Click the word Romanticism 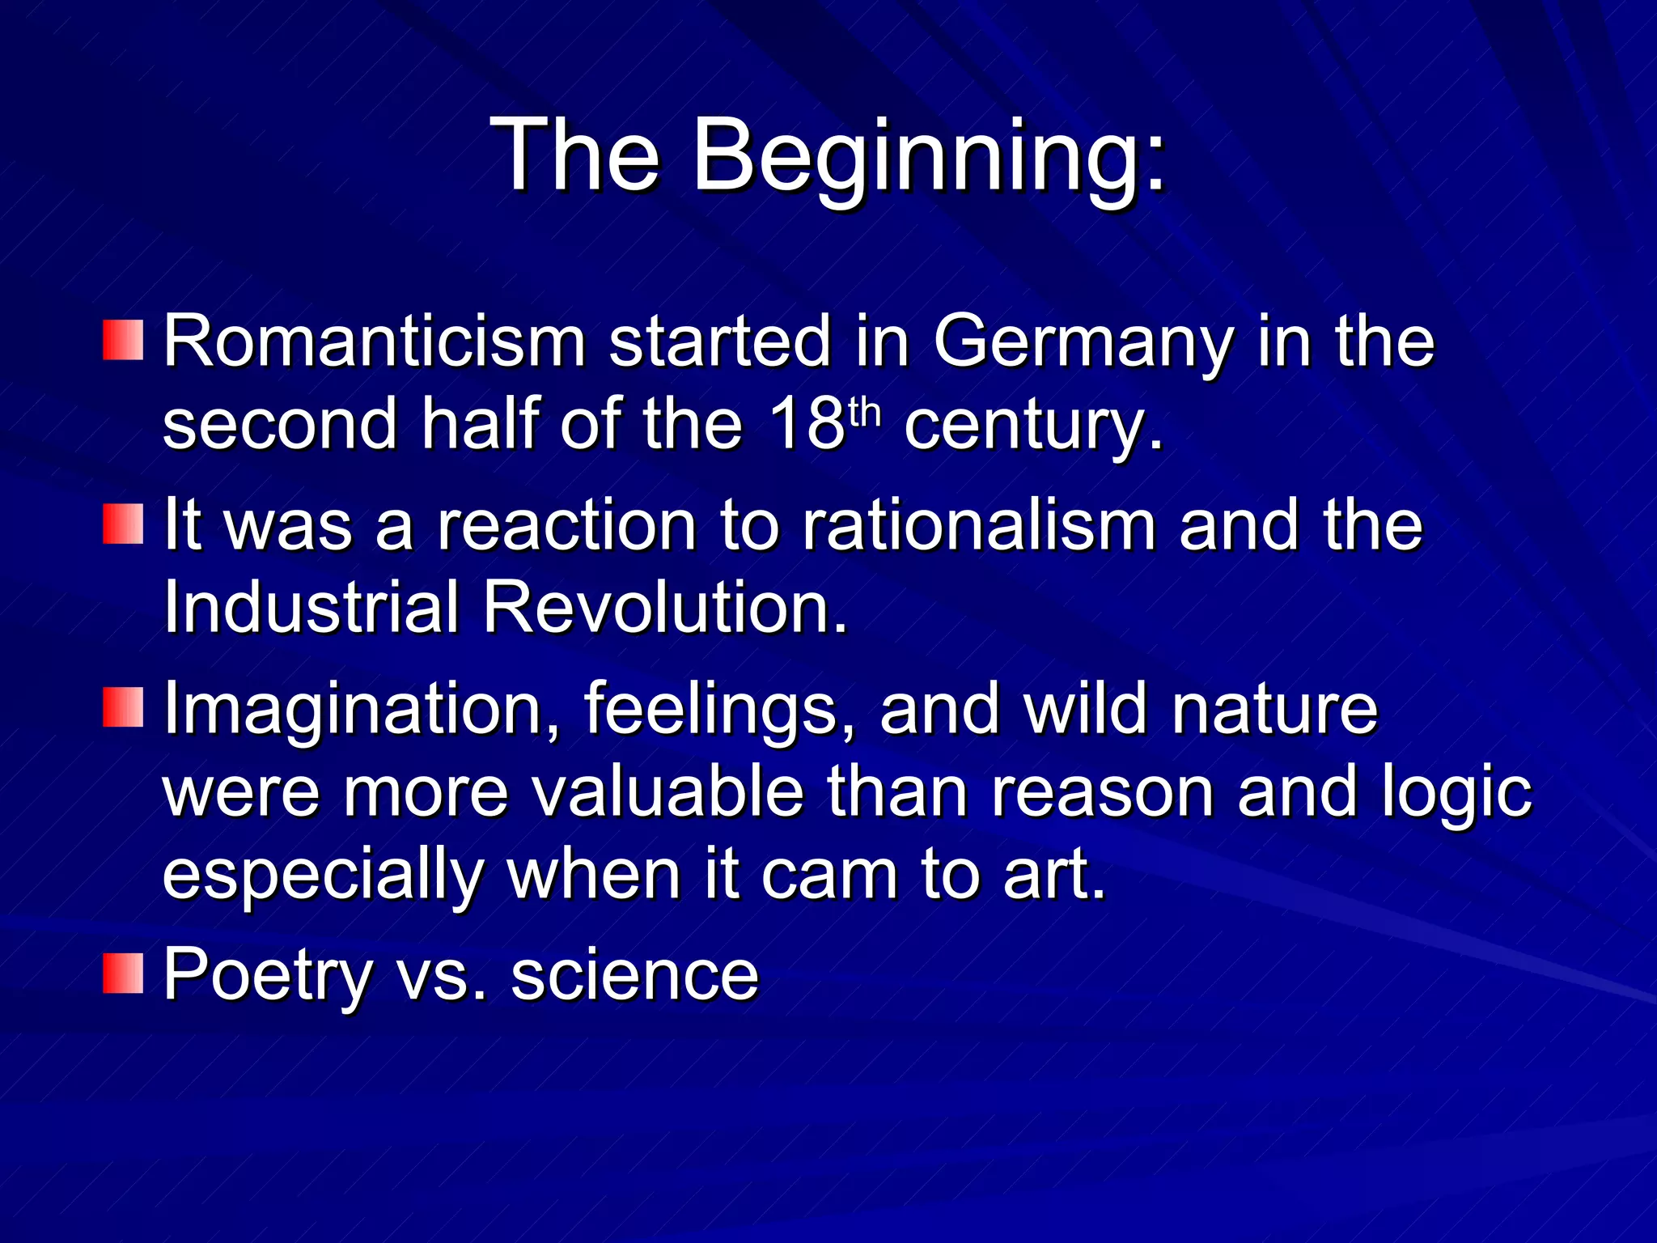(375, 342)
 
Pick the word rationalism (979, 525)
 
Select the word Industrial (311, 607)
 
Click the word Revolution (665, 607)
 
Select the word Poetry (267, 975)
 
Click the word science (634, 975)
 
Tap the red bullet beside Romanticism (123, 341)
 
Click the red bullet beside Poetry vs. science (123, 974)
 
